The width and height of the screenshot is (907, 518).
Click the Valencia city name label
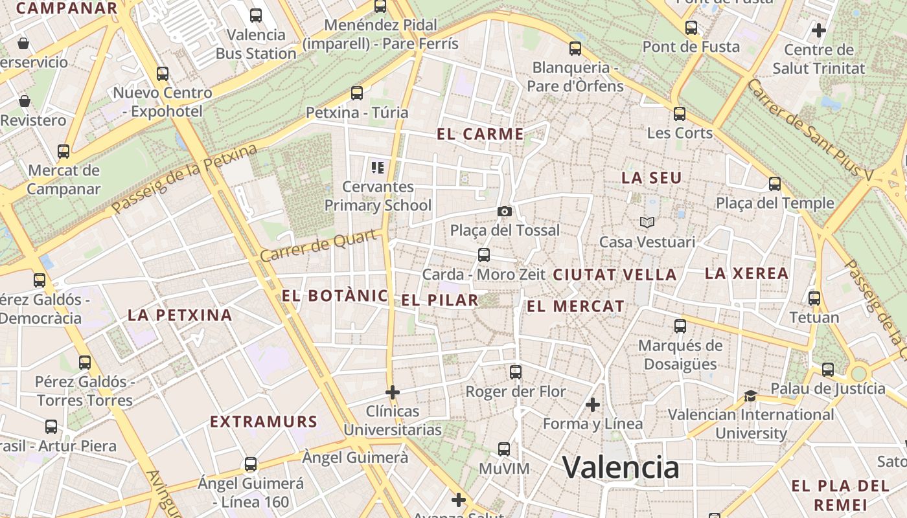621,467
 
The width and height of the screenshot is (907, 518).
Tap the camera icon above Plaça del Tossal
505,211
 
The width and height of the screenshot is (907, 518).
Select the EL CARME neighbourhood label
480,134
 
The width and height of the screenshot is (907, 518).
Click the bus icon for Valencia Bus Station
256,16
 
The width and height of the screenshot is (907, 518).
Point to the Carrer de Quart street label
319,246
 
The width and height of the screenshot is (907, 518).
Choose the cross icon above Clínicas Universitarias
392,392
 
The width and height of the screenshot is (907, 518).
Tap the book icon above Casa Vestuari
647,222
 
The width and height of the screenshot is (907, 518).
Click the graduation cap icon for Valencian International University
750,396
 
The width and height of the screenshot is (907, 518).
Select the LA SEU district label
652,177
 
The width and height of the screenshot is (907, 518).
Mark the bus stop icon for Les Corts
680,114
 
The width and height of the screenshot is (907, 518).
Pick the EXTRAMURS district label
264,422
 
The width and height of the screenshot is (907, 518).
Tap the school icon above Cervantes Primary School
378,168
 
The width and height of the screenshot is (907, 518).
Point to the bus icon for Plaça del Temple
775,184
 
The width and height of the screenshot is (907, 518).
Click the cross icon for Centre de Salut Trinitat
819,30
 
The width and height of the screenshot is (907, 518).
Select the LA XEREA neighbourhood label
746,273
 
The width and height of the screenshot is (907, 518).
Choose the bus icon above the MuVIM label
504,449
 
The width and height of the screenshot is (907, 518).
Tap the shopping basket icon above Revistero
25,101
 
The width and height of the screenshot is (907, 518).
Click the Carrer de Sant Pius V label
810,129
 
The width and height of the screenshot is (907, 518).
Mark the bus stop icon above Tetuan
814,298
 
